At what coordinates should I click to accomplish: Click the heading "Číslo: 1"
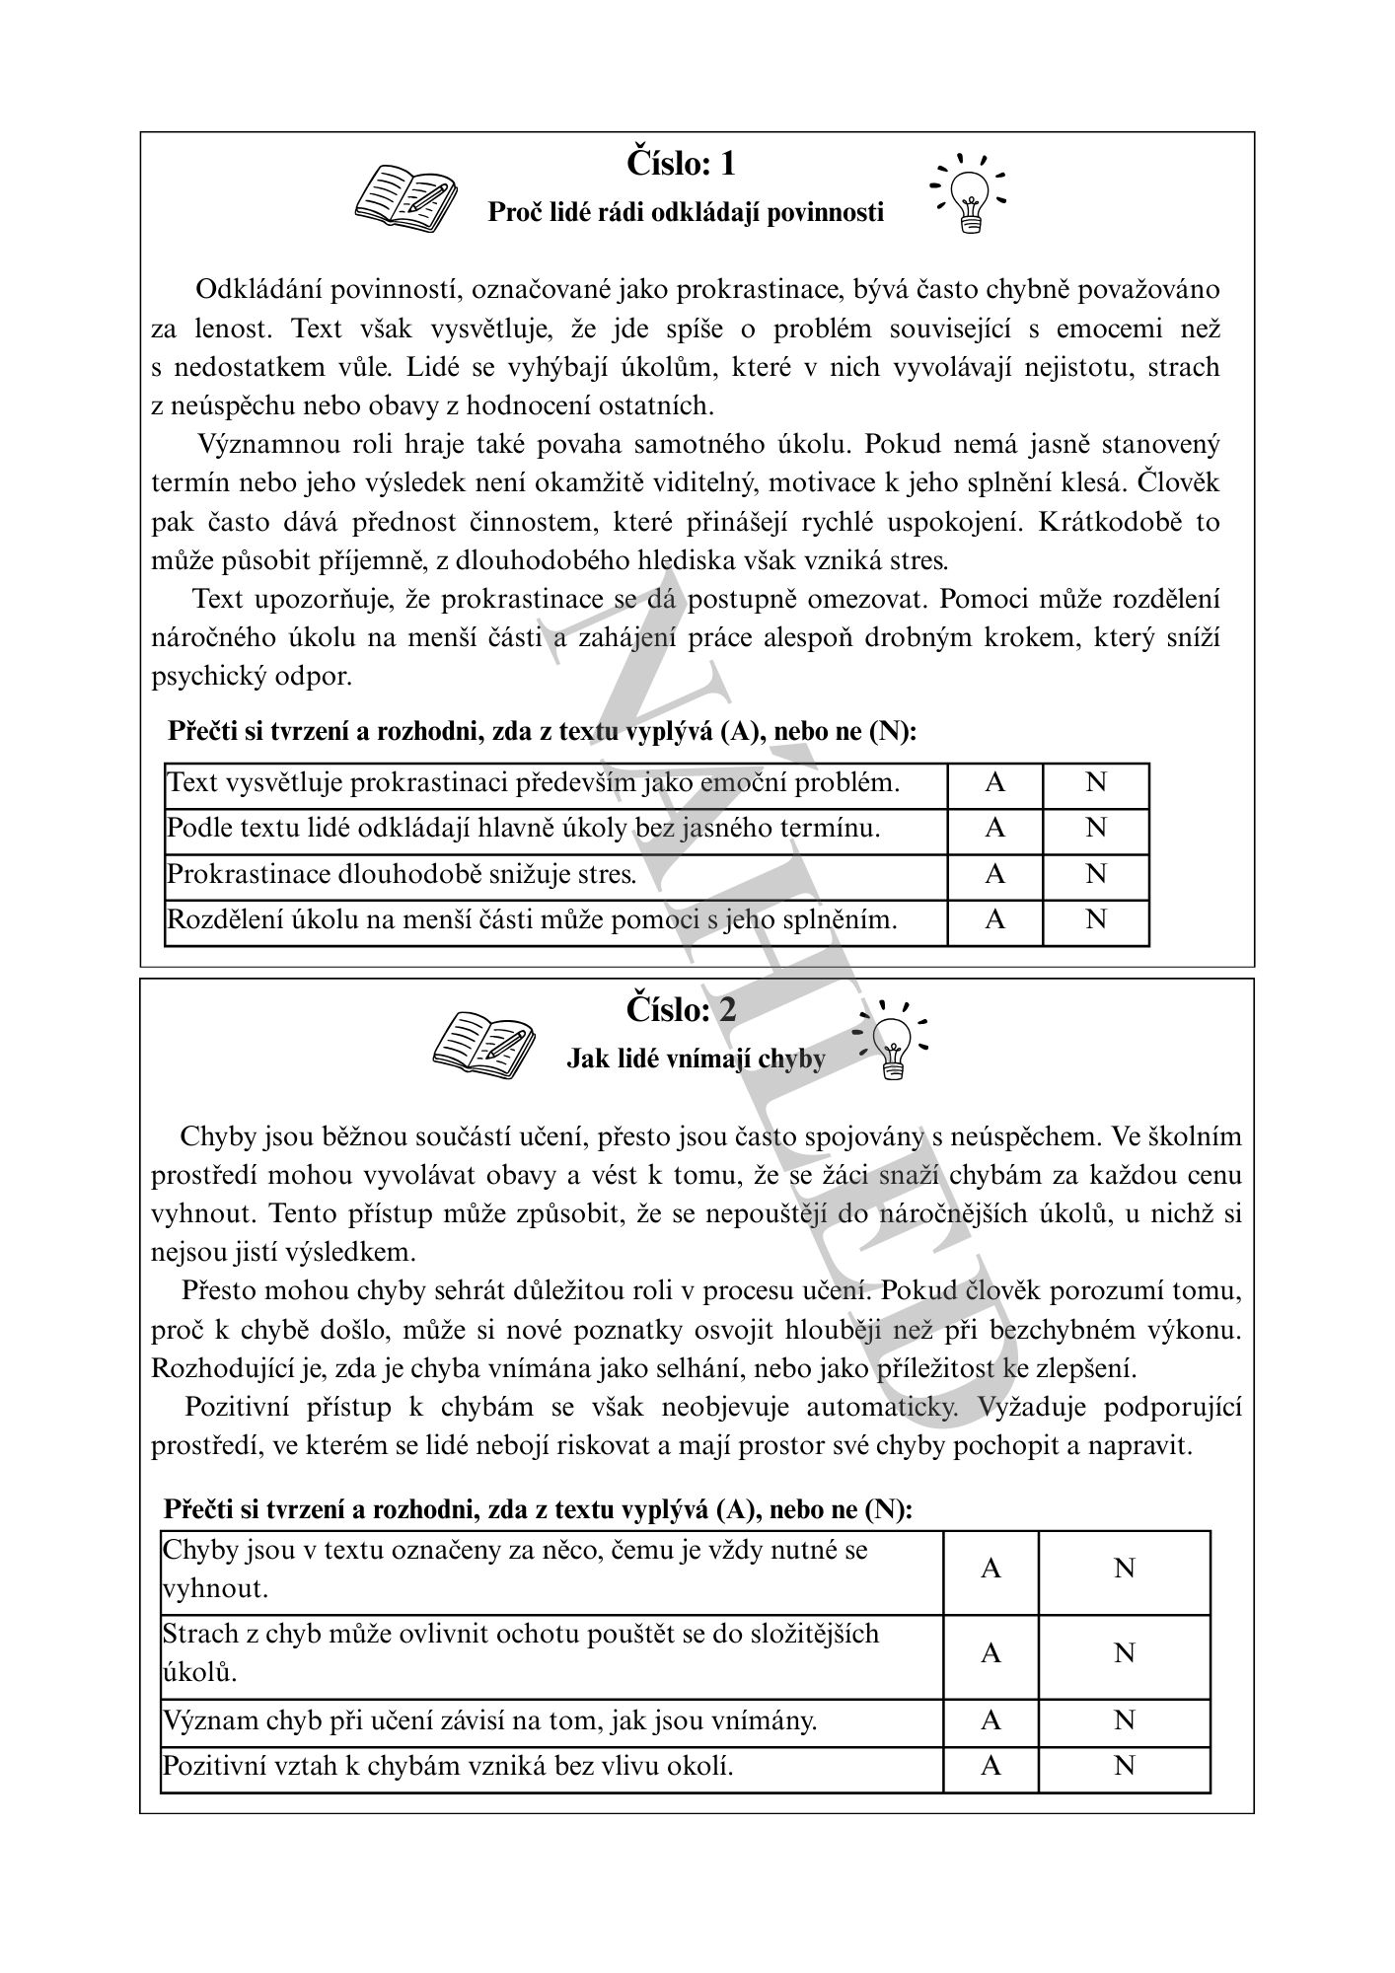click(681, 163)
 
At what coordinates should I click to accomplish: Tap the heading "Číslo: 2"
click(681, 1009)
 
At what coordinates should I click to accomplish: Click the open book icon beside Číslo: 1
click(405, 194)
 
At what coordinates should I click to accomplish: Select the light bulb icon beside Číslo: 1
click(971, 192)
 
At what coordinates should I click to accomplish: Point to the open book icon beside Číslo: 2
click(483, 1040)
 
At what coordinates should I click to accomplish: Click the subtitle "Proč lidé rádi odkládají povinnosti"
click(686, 212)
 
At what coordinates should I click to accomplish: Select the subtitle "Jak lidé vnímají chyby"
click(696, 1059)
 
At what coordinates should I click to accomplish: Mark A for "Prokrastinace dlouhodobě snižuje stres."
click(994, 874)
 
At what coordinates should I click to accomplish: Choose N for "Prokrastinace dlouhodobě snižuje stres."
click(1095, 874)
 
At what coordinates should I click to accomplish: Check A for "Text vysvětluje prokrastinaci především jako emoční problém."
click(994, 783)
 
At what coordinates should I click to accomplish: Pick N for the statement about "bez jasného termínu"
click(1095, 829)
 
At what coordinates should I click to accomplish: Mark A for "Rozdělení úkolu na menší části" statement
click(994, 920)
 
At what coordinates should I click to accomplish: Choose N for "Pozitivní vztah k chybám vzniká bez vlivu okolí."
click(1124, 1766)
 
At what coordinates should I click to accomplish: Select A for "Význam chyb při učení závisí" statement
click(991, 1720)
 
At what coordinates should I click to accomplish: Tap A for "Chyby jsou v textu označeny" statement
click(991, 1569)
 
